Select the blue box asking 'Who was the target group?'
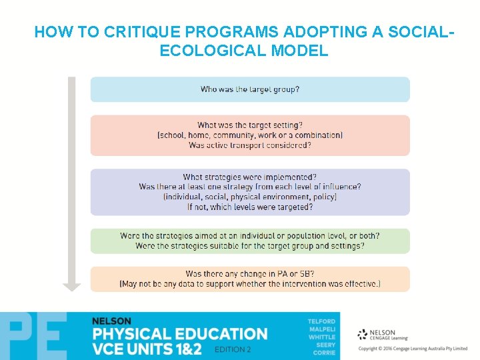click(250, 89)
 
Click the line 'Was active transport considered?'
click(250, 145)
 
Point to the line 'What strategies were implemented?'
click(250, 177)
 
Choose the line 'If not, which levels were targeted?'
click(250, 207)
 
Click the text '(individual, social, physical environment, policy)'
click(250, 197)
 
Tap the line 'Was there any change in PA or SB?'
click(250, 274)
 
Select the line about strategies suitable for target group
click(250, 246)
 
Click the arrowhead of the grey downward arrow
click(71, 287)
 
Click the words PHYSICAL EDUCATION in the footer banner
click(180, 333)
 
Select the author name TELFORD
click(321, 321)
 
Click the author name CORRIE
click(324, 353)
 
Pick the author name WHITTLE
click(322, 337)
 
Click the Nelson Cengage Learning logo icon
click(363, 334)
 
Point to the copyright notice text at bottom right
click(413, 349)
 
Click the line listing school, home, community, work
click(250, 135)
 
